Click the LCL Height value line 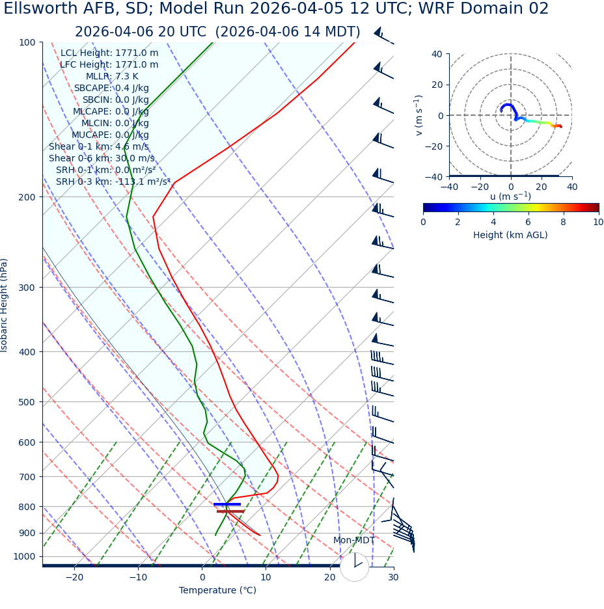pyautogui.click(x=109, y=53)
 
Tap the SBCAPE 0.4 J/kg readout pyautogui.click(x=111, y=88)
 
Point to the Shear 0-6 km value pyautogui.click(x=102, y=158)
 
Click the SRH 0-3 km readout pyautogui.click(x=113, y=182)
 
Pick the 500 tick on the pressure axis pyautogui.click(x=27, y=402)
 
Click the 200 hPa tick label pyautogui.click(x=27, y=196)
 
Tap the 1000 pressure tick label pyautogui.click(x=25, y=556)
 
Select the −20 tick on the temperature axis pyautogui.click(x=74, y=578)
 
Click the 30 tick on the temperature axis pyautogui.click(x=393, y=578)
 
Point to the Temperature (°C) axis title pyautogui.click(x=217, y=591)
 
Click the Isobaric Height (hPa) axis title pyautogui.click(x=5, y=305)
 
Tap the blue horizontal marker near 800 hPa pyautogui.click(x=227, y=504)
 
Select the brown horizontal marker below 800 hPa pyautogui.click(x=230, y=511)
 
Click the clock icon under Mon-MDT pyautogui.click(x=354, y=567)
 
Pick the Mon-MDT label pyautogui.click(x=354, y=541)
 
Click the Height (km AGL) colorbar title pyautogui.click(x=510, y=235)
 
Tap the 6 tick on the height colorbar pyautogui.click(x=528, y=222)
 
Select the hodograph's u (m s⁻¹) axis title pyautogui.click(x=510, y=196)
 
